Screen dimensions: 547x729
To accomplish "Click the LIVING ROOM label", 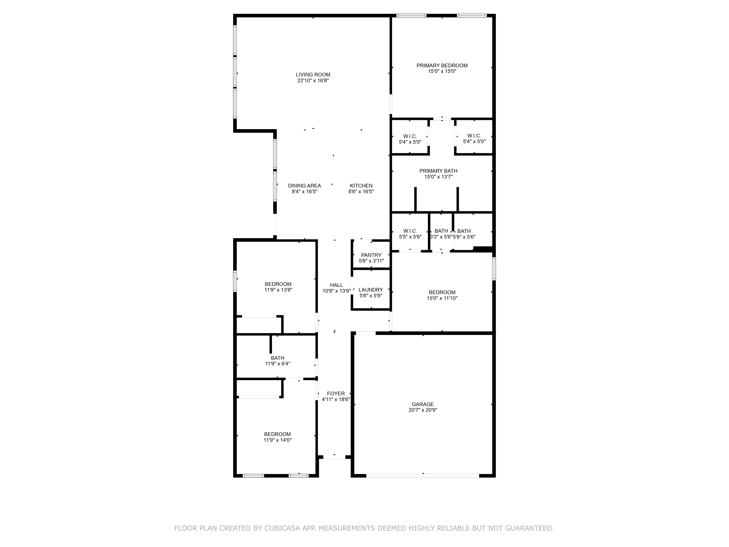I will (x=313, y=75).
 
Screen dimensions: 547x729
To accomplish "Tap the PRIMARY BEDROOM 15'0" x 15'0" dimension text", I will (x=442, y=71).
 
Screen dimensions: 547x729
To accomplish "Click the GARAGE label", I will (x=423, y=404).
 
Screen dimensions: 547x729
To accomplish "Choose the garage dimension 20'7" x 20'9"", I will (x=423, y=410).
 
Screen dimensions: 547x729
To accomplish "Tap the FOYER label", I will (x=336, y=394).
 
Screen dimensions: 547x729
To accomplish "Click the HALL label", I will (x=337, y=285).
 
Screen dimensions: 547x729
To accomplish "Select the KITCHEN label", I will (x=361, y=186).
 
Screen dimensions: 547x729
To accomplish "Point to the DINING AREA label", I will (x=304, y=186).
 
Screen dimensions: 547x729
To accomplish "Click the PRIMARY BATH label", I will (x=438, y=171).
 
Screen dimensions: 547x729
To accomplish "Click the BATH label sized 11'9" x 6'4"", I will (x=278, y=358).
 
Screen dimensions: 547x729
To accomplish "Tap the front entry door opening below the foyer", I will (x=334, y=457).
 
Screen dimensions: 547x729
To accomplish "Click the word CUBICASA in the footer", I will (x=282, y=528).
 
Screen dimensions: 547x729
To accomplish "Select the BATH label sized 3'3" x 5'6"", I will (x=441, y=231).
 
